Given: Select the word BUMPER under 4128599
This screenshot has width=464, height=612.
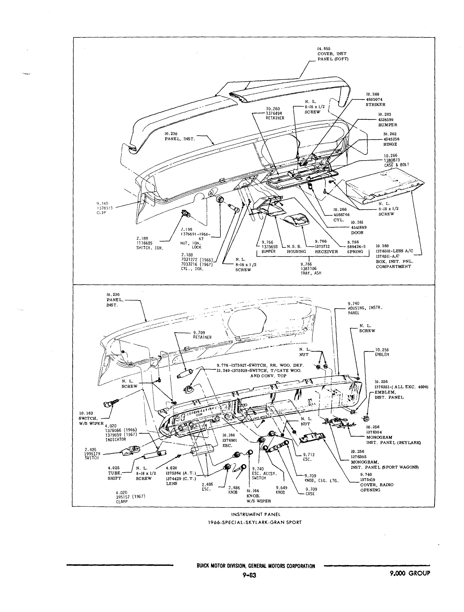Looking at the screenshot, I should point(388,125).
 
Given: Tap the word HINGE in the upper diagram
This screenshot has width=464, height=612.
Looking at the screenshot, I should point(390,144).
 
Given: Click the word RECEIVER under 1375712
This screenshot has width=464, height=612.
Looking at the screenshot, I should point(326,252).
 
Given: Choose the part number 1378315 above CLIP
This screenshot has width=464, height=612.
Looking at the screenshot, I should point(105,208).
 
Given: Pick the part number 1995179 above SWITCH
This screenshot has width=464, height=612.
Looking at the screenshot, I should point(92,454).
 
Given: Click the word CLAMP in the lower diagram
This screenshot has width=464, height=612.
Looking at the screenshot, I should point(122,501).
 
